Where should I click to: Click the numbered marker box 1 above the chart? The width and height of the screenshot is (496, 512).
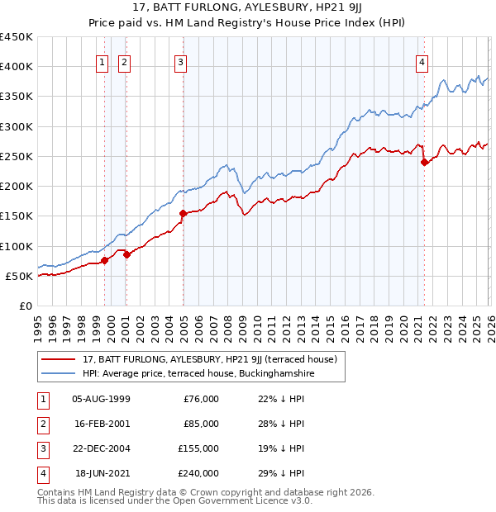(x=102, y=61)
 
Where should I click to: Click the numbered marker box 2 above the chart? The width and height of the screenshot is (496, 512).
(x=124, y=61)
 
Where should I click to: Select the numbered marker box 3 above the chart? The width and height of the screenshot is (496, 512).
(x=180, y=61)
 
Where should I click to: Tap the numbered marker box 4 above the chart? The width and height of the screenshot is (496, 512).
(x=422, y=61)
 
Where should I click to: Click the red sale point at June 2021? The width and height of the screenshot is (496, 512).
(x=424, y=162)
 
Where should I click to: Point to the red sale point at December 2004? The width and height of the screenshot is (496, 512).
(x=183, y=213)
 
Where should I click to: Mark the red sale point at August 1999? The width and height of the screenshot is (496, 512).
(x=105, y=260)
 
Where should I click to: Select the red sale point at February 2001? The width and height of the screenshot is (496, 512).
(x=126, y=255)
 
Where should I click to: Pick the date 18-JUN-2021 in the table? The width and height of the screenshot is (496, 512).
(x=102, y=473)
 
